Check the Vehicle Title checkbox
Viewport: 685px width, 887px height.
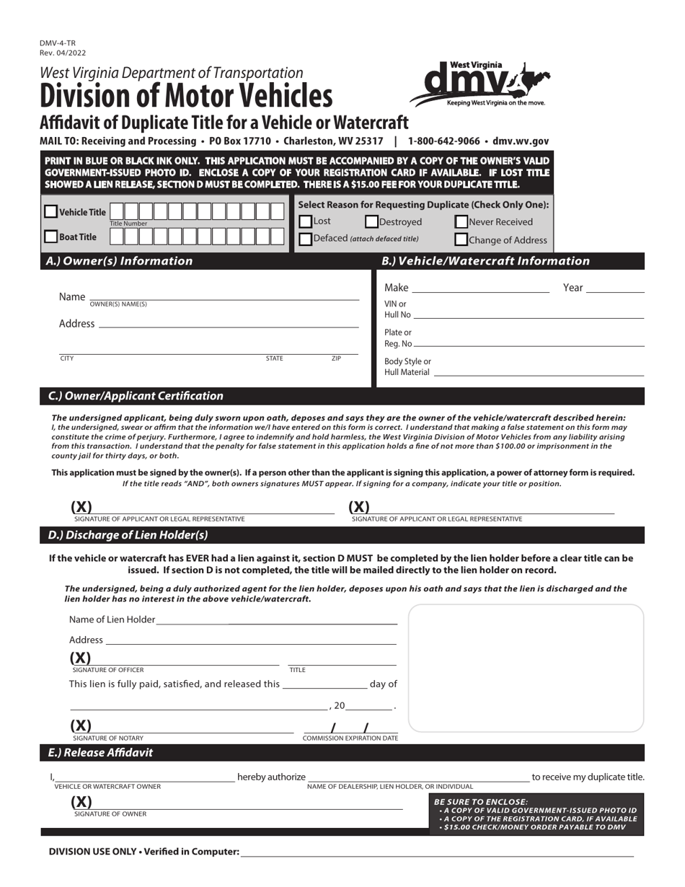[x=51, y=212]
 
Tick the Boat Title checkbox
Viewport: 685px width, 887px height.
[x=51, y=237]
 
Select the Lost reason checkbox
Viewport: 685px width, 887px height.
[x=306, y=221]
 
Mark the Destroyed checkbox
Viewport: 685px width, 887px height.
[x=372, y=222]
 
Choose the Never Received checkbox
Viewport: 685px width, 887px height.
[x=461, y=222]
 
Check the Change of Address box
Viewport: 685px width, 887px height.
[x=461, y=240]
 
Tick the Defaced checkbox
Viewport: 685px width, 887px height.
[x=306, y=239]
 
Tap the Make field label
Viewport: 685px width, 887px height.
[x=396, y=288]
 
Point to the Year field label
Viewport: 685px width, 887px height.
[x=573, y=288]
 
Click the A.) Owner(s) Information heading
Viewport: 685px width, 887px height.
[x=119, y=261]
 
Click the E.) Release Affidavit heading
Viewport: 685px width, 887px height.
[x=100, y=752]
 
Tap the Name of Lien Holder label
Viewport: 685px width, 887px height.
[x=112, y=619]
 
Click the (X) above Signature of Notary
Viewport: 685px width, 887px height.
[x=81, y=725]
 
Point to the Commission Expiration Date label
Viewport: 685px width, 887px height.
[x=350, y=738]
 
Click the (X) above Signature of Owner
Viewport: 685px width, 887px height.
[x=81, y=802]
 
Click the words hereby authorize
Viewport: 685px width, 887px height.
[x=271, y=777]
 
